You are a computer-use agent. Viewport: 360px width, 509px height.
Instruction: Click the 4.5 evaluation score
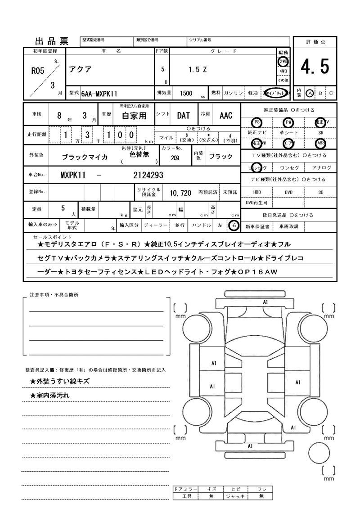tap(315, 67)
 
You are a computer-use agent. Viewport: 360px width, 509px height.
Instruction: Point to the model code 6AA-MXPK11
tap(99, 93)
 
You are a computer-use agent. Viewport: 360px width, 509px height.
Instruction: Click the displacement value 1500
tap(186, 93)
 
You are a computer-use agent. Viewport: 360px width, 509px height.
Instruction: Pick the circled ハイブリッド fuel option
tap(276, 93)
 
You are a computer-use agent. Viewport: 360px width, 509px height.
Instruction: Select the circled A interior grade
tap(310, 93)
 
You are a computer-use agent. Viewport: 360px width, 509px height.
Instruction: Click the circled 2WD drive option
tap(283, 61)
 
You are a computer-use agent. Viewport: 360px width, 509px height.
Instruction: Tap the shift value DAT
tap(183, 116)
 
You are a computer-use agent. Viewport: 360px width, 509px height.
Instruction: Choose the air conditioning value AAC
tap(226, 116)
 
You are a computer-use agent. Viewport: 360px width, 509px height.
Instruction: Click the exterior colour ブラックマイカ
tap(85, 157)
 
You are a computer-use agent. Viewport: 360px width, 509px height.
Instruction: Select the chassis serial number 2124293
tap(148, 175)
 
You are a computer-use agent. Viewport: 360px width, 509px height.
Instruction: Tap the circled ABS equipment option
tap(320, 144)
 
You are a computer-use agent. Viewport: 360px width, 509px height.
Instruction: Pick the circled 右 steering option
tap(233, 225)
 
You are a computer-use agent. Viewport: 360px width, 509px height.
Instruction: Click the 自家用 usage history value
tap(135, 116)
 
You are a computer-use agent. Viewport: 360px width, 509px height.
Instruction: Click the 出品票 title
tap(52, 42)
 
